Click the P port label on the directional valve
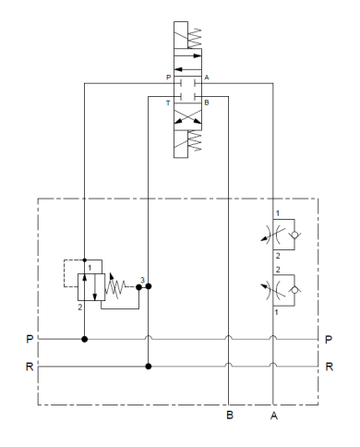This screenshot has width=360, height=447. click(168, 78)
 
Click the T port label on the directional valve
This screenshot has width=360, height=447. click(168, 102)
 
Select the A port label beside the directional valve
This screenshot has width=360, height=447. click(207, 78)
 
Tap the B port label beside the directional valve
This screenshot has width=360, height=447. click(207, 102)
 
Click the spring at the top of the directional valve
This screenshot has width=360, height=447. click(193, 37)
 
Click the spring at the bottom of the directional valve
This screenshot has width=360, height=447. click(193, 144)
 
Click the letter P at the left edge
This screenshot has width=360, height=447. click(30, 339)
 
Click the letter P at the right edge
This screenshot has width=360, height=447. click(329, 339)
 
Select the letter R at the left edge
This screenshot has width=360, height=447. click(30, 366)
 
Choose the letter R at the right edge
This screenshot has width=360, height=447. click(329, 366)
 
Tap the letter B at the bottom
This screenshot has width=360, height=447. click(229, 416)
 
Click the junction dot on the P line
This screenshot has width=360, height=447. click(85, 339)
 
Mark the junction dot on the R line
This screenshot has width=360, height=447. click(148, 366)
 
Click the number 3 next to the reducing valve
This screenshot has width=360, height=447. click(142, 278)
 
